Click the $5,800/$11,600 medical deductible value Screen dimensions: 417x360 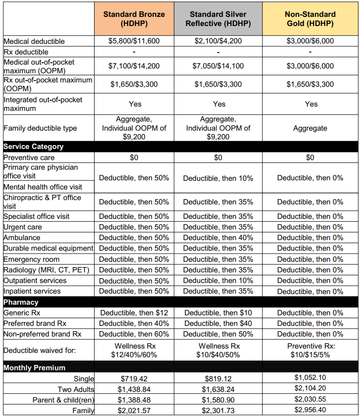point(134,41)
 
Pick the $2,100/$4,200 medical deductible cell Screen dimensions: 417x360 point(218,41)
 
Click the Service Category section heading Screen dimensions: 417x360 point(33,147)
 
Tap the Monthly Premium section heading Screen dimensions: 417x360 point(34,368)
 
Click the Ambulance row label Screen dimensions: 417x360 point(22,238)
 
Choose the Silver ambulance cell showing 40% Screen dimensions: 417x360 point(218,238)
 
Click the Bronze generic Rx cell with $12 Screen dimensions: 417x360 point(134,313)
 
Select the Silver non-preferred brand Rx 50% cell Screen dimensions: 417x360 point(218,334)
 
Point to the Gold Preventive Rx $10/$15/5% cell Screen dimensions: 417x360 point(310,350)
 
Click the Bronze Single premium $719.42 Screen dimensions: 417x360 point(134,379)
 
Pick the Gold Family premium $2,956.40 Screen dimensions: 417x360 point(310,411)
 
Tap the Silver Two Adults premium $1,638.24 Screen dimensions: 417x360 point(218,390)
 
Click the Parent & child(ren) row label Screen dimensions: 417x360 point(63,400)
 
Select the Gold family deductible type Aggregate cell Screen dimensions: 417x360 point(310,129)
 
